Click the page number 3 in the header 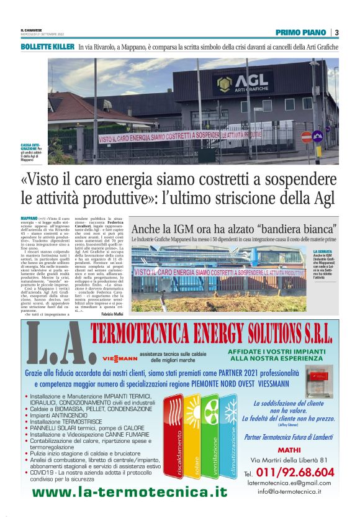click(336, 32)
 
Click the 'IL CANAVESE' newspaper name click(32, 30)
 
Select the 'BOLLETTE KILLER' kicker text click(47, 47)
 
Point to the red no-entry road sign click(307, 137)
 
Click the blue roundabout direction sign click(318, 135)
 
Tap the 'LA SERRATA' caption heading click(322, 252)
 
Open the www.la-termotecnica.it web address click(130, 492)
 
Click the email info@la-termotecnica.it click(289, 491)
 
